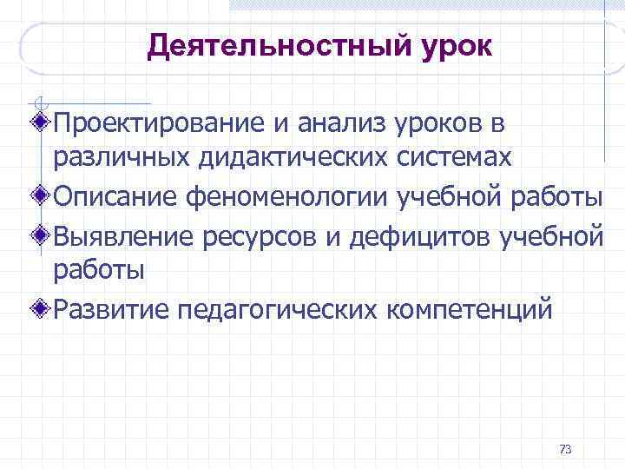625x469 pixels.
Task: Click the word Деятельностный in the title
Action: [276, 46]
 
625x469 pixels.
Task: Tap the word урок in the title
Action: [451, 46]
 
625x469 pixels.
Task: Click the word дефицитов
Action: [410, 234]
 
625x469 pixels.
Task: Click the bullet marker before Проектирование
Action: [43, 122]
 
